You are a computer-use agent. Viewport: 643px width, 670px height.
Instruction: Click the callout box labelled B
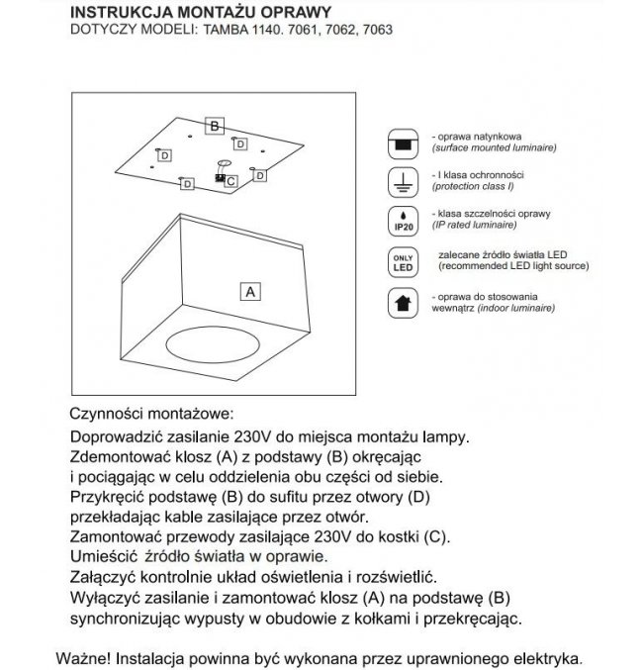[214, 126]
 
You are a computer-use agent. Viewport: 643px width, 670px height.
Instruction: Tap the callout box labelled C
[230, 181]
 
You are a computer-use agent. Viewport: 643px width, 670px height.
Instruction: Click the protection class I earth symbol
[404, 180]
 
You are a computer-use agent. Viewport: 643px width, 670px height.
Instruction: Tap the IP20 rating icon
[404, 221]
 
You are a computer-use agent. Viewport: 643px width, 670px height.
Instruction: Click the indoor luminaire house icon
[404, 302]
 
